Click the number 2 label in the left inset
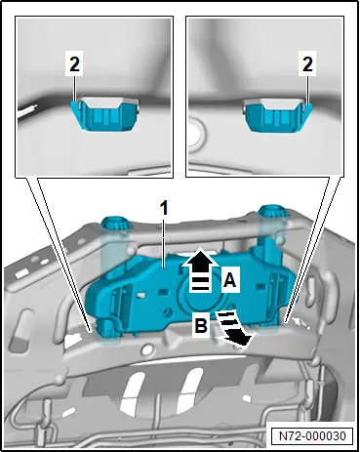click(x=74, y=64)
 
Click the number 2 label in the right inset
click(x=307, y=64)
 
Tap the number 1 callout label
click(x=165, y=208)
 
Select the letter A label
click(x=230, y=279)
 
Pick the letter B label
click(x=201, y=325)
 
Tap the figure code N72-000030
click(x=312, y=435)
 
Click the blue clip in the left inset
click(x=104, y=115)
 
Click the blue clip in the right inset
click(x=278, y=116)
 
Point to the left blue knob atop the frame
click(x=115, y=225)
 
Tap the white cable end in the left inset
click(x=26, y=111)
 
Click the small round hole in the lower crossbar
click(x=147, y=349)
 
